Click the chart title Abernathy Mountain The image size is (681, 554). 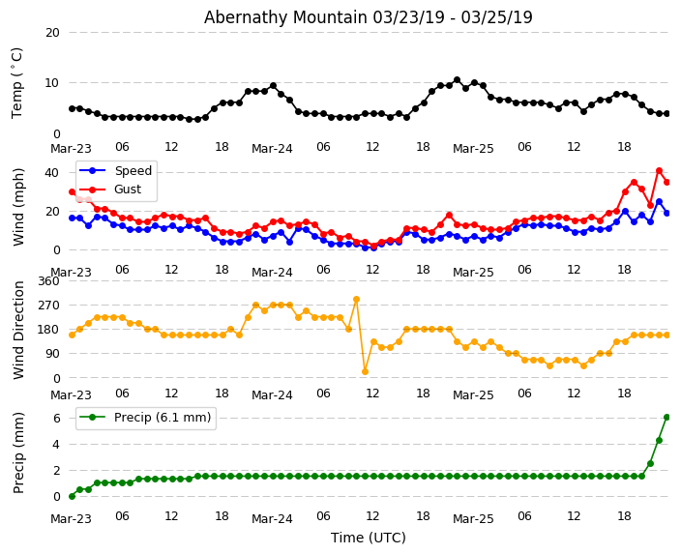[x=368, y=17]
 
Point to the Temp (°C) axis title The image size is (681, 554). [x=17, y=82]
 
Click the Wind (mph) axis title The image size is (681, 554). [x=18, y=206]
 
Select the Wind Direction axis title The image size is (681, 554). [x=18, y=330]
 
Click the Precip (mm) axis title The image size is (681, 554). [x=18, y=452]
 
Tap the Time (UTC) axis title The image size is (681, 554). [x=369, y=538]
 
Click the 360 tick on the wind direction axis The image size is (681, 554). [x=47, y=281]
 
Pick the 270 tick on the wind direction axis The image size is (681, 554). [x=47, y=306]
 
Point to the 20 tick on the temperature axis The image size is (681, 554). [x=52, y=32]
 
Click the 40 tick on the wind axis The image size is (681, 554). [x=52, y=173]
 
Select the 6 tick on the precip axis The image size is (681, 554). [x=56, y=419]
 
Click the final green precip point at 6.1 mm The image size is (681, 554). [x=666, y=417]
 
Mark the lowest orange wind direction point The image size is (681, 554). [x=365, y=371]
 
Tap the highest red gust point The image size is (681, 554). [x=659, y=171]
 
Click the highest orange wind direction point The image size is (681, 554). [x=356, y=300]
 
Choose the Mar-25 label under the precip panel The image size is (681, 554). [x=473, y=519]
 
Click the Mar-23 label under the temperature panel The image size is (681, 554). [x=71, y=149]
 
